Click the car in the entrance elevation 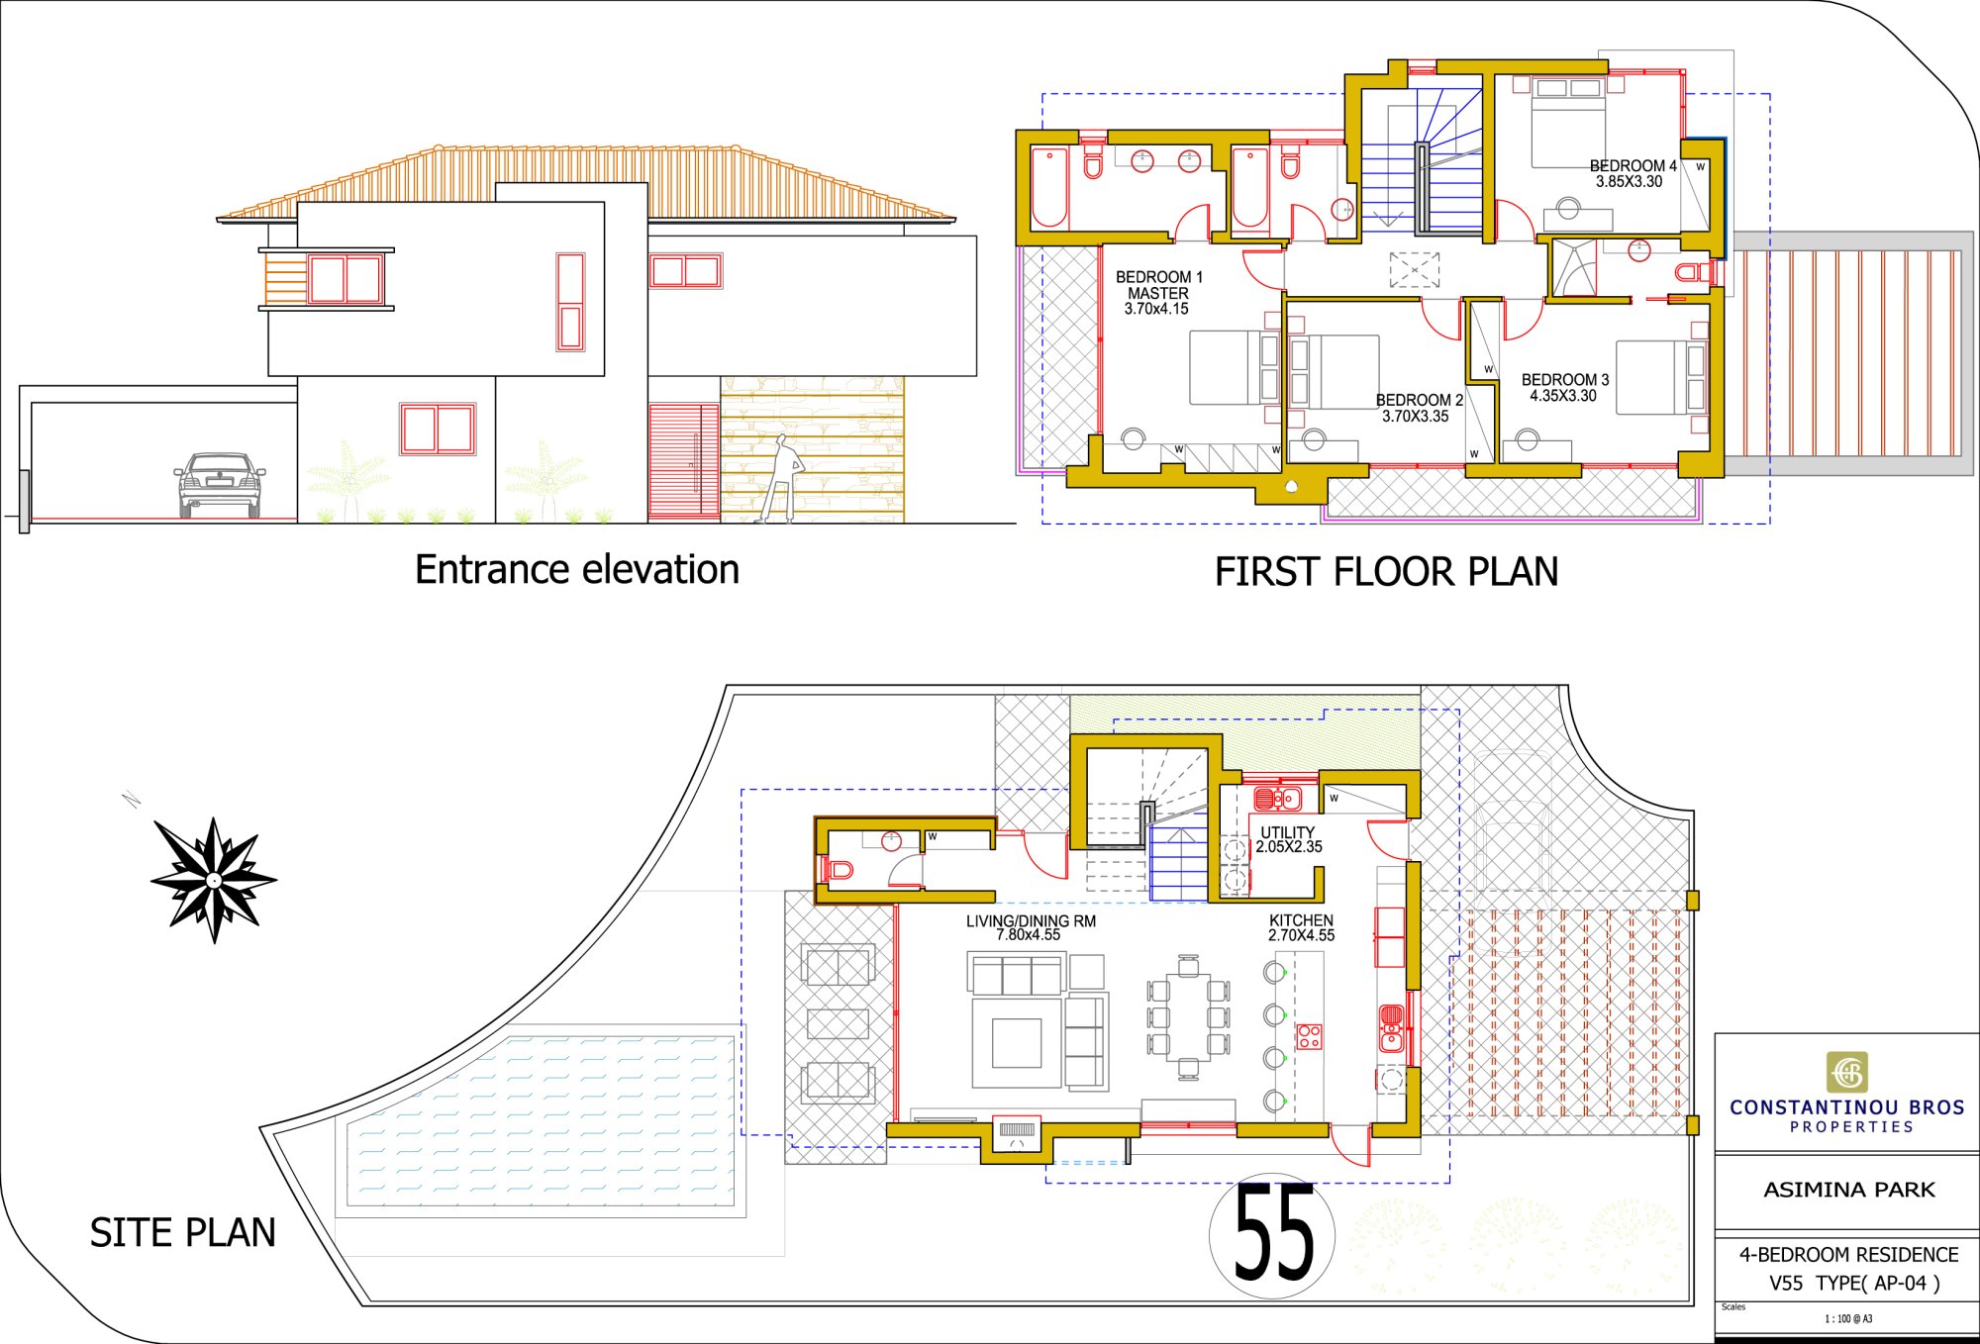pos(220,485)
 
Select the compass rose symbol pos(214,880)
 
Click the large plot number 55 pos(1273,1233)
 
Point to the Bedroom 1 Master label pos(1158,293)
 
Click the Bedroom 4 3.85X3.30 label pos(1633,173)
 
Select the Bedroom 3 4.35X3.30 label pos(1564,387)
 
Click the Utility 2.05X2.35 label pos(1289,839)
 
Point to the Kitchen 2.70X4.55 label pos(1302,927)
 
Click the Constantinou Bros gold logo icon pos(1847,1072)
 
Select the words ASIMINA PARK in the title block pos(1848,1190)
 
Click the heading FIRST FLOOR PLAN pos(1386,572)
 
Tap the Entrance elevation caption pos(577,570)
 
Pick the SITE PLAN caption pos(183,1233)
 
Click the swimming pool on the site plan pos(541,1120)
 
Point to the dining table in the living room pos(1188,1016)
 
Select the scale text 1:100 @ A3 pos(1848,1318)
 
